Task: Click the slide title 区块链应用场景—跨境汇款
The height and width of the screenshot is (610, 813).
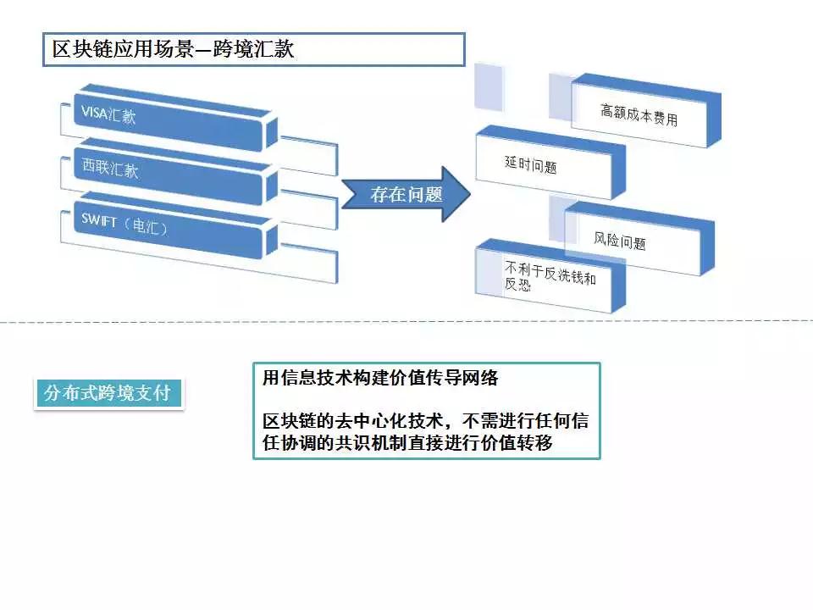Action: [x=173, y=49]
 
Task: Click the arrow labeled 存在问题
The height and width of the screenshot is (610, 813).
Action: [x=406, y=195]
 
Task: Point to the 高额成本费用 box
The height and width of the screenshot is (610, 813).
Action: [x=645, y=110]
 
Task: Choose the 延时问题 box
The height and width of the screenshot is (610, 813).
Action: [x=550, y=163]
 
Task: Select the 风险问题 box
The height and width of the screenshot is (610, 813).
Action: [x=639, y=239]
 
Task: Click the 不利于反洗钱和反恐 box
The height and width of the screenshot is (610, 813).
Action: [x=550, y=276]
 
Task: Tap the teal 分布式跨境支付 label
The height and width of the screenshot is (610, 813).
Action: [x=108, y=393]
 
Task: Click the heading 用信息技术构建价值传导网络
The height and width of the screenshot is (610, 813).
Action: [x=380, y=378]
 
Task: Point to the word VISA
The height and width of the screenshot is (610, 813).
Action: [x=94, y=113]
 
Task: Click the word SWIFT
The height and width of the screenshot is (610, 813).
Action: [x=98, y=220]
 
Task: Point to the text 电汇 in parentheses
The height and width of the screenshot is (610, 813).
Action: [x=145, y=226]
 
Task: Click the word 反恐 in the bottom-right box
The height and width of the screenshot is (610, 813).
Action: [x=517, y=284]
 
